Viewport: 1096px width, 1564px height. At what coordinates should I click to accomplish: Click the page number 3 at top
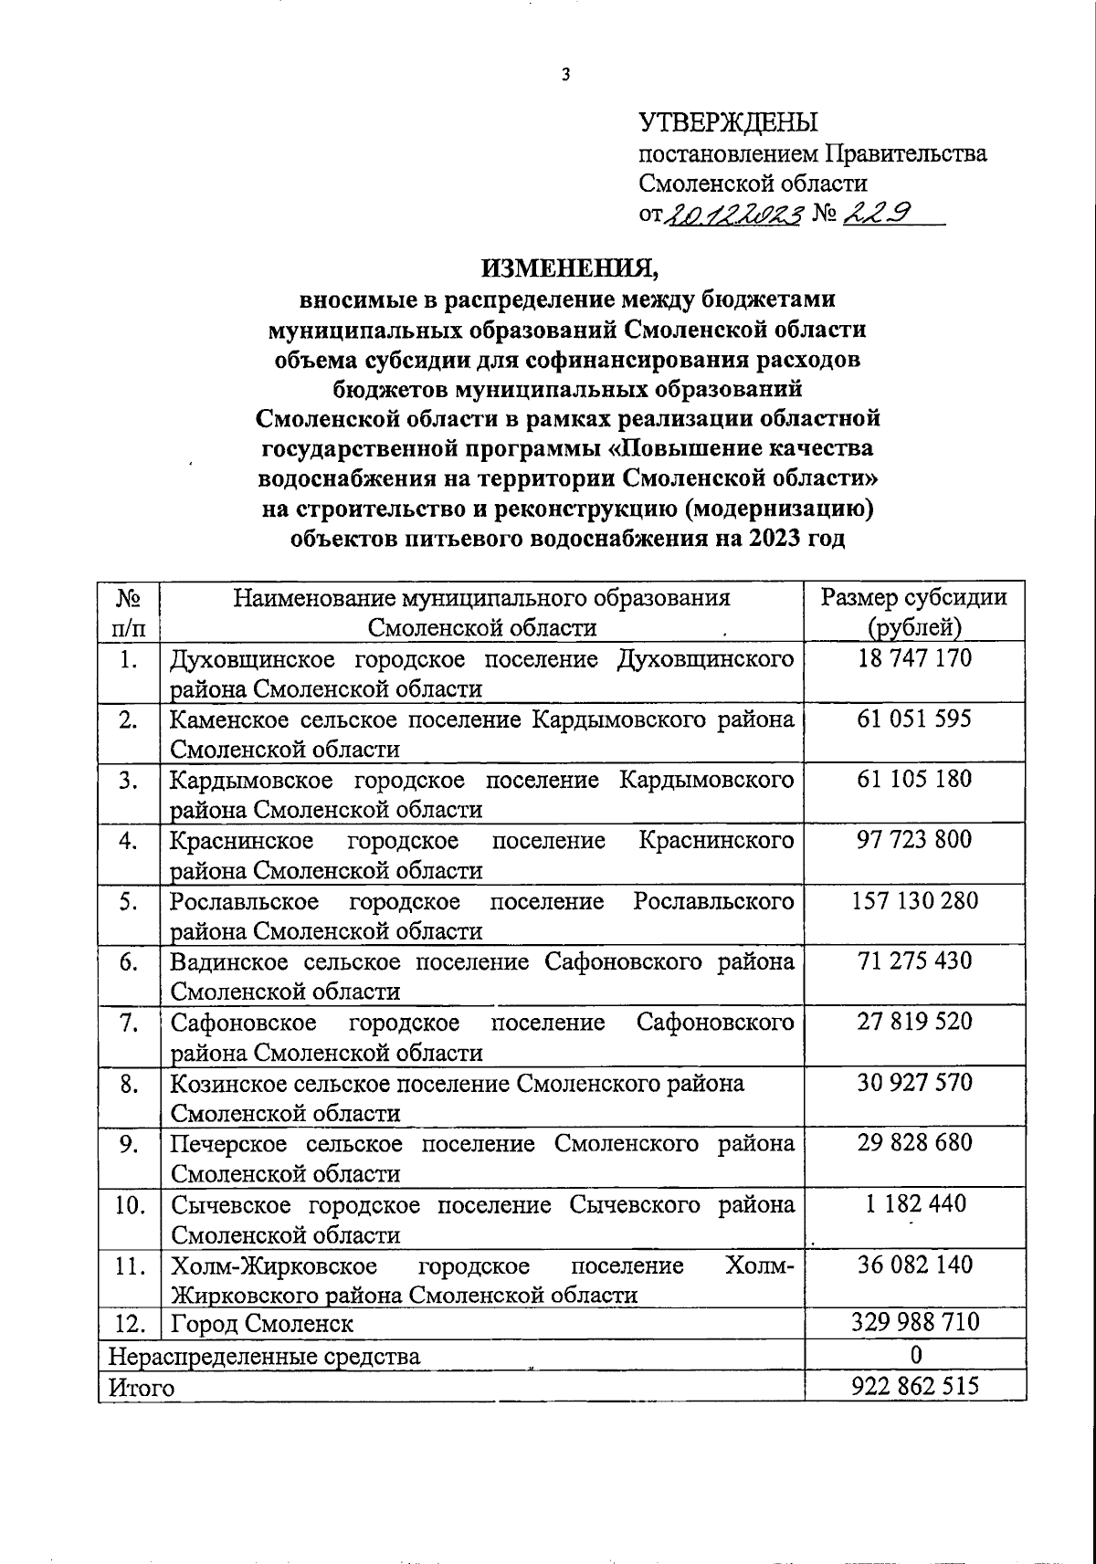(x=565, y=75)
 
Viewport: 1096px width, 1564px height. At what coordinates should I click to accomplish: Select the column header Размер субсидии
(x=914, y=598)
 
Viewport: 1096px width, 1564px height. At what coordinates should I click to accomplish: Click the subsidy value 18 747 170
(x=914, y=658)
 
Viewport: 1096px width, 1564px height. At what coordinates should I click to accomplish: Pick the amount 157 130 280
(x=914, y=901)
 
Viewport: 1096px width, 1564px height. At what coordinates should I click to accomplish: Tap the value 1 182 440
(x=914, y=1204)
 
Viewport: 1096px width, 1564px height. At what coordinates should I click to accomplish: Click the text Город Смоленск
(x=262, y=1323)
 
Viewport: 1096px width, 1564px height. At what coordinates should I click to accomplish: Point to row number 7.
(x=128, y=1023)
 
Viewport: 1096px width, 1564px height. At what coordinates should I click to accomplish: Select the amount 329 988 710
(x=914, y=1322)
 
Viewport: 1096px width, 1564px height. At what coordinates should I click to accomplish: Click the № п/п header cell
(x=128, y=613)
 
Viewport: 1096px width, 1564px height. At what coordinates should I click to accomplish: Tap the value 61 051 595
(x=914, y=719)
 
